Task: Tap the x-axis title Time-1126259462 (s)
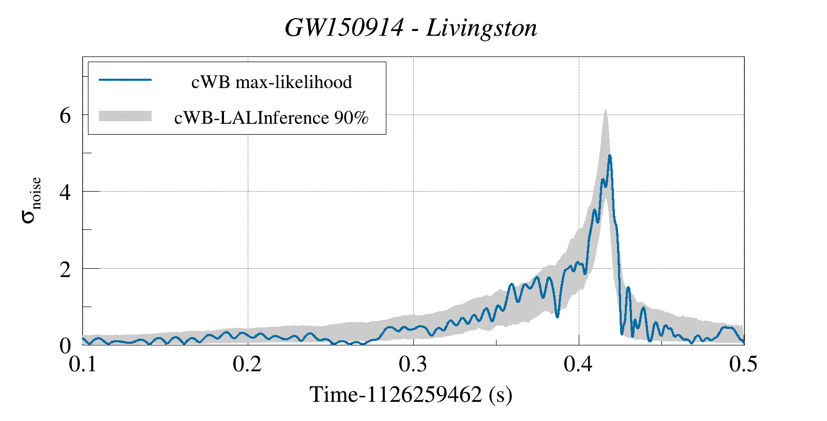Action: [x=411, y=395]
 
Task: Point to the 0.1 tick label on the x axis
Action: [x=83, y=364]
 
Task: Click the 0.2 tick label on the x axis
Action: [x=248, y=364]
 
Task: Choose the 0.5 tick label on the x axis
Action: [x=743, y=364]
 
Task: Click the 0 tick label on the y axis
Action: [x=65, y=346]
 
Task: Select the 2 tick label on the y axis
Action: [x=65, y=269]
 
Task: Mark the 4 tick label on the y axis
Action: [x=65, y=192]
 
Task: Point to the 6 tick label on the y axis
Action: [x=65, y=115]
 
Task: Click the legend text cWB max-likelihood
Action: [x=272, y=82]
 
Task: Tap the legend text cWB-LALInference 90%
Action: [x=272, y=118]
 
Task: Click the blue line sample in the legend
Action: [x=125, y=80]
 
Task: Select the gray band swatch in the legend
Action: [x=125, y=116]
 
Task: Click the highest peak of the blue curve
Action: [x=610, y=155]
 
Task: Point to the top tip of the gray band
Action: [x=605, y=110]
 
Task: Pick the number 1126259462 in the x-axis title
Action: [x=426, y=395]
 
